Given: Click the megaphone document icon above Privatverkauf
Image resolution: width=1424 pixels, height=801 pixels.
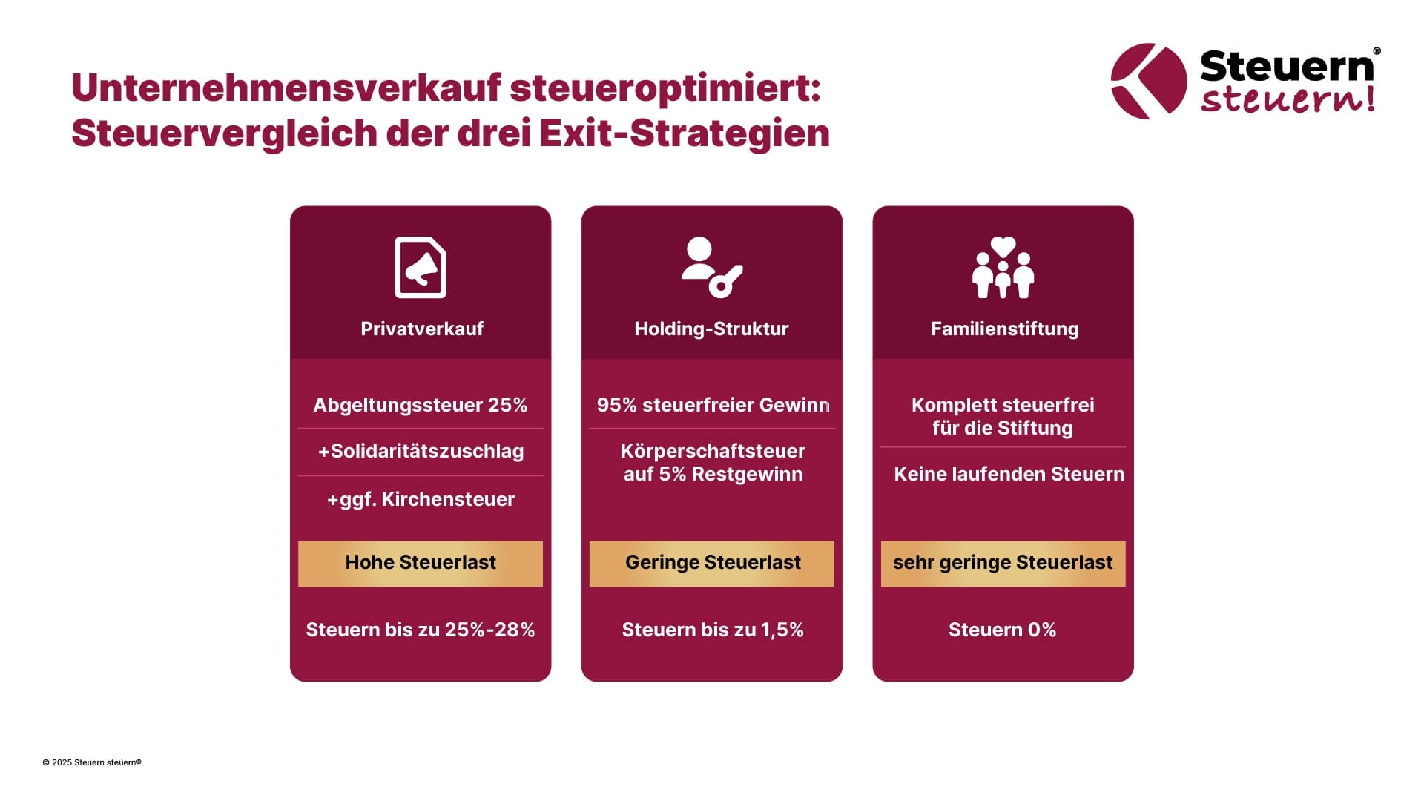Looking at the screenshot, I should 421,267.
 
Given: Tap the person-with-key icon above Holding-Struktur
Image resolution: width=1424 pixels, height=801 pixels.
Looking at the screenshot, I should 711,267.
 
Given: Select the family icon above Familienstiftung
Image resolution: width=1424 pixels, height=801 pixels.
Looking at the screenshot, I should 1003,268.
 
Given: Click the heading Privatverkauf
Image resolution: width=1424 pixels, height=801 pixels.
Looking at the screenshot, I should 421,329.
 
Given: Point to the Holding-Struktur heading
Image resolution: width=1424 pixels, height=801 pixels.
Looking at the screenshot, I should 711,329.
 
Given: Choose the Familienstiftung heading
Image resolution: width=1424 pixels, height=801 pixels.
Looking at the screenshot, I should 1004,329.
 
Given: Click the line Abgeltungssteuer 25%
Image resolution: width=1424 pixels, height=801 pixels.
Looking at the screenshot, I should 420,405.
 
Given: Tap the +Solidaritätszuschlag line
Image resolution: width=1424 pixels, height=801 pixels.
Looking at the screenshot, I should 421,451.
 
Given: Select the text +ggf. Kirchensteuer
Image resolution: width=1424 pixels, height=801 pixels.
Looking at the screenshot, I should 421,499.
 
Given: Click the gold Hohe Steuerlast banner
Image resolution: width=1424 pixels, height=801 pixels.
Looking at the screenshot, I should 421,563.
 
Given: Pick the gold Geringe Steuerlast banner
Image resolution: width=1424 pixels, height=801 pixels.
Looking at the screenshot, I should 712,563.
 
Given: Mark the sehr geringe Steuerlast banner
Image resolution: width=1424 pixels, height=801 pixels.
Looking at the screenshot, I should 1003,563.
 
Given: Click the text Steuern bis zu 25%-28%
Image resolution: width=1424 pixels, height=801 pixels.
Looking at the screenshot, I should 421,630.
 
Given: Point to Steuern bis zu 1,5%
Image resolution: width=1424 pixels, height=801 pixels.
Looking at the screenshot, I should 712,630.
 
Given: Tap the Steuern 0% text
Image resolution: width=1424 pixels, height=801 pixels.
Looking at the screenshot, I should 1002,630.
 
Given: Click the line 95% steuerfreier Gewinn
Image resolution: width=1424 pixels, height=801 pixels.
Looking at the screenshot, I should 713,405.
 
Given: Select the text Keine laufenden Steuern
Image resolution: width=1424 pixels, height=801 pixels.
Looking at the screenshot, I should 1009,474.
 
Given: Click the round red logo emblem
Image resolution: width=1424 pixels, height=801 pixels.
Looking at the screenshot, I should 1148,82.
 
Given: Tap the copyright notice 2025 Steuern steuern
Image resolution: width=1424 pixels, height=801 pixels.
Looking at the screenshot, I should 92,762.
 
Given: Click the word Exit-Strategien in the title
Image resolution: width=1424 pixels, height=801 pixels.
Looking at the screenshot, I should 684,133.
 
